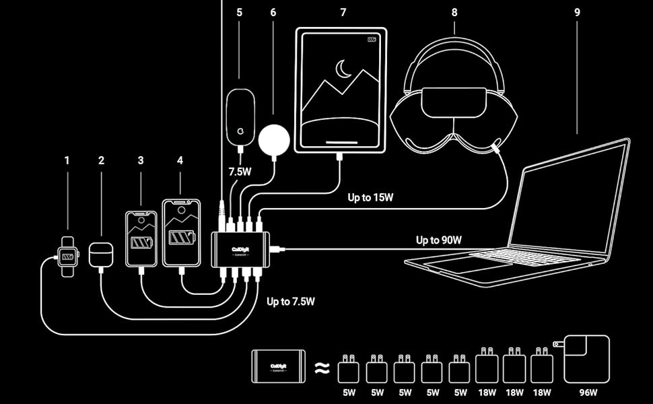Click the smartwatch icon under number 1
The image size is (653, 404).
[67, 256]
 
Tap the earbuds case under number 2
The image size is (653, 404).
[101, 254]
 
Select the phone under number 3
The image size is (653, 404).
[141, 238]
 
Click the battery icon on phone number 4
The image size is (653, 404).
[181, 238]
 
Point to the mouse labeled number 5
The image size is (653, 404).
[240, 116]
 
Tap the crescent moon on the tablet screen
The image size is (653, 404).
[344, 68]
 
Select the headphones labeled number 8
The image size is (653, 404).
[454, 101]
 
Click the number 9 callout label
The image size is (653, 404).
[577, 11]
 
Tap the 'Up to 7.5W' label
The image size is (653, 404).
[291, 302]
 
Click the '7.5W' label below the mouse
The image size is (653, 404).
[240, 172]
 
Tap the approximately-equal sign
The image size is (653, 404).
[323, 368]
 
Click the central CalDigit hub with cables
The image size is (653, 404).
[240, 248]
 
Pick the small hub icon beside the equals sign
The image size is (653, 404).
[278, 367]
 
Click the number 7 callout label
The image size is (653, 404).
[343, 12]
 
